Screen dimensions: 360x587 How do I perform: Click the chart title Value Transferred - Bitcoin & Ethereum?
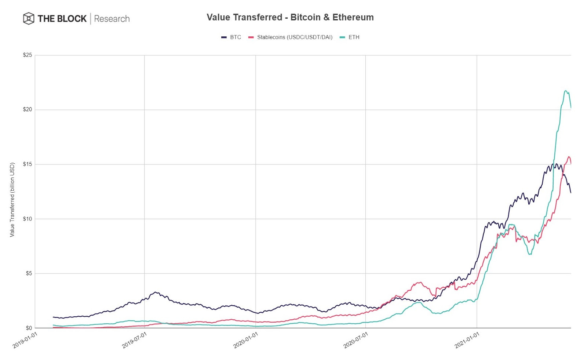[x=290, y=17]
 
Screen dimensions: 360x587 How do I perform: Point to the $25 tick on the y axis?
[x=28, y=55]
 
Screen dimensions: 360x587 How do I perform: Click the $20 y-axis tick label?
[x=28, y=109]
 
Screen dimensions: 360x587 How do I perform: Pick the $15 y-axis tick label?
[x=28, y=164]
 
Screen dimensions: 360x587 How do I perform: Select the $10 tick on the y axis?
[x=28, y=219]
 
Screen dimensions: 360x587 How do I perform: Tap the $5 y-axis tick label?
[x=29, y=273]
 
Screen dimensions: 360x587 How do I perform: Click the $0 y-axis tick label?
[x=29, y=328]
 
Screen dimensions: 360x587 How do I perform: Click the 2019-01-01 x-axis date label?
[x=25, y=340]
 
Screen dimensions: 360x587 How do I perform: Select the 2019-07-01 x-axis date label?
[x=134, y=340]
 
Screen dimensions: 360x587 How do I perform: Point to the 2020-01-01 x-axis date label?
[x=245, y=340]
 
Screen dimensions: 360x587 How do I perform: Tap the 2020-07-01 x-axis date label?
[x=356, y=340]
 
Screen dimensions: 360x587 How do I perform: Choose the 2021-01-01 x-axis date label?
[x=467, y=340]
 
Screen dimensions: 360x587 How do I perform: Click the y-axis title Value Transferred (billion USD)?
[x=12, y=200]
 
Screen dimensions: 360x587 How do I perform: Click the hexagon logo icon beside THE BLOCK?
[x=29, y=18]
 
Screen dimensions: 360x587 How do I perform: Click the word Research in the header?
[x=112, y=19]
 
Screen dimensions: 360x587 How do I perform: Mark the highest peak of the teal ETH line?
[x=565, y=91]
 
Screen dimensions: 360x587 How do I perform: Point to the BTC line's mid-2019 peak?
[x=156, y=292]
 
